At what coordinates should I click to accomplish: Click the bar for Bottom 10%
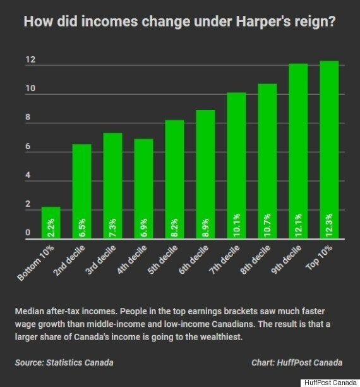(51, 223)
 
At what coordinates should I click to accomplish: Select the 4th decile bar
(143, 188)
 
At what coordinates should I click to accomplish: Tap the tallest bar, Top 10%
(329, 150)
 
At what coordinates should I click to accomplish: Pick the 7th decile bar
(236, 166)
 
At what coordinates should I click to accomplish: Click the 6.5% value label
(82, 228)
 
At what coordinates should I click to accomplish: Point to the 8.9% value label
(206, 228)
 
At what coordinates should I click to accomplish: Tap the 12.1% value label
(298, 225)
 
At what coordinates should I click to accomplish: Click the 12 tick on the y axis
(30, 59)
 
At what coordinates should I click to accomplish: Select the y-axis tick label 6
(28, 146)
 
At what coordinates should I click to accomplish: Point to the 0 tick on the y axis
(28, 233)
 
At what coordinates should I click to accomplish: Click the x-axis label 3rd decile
(100, 260)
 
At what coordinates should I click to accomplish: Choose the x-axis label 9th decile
(286, 260)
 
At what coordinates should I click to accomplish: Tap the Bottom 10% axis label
(35, 263)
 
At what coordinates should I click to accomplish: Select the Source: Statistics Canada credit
(64, 362)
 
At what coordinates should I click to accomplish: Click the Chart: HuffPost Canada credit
(297, 362)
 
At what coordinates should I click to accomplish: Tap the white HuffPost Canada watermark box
(330, 383)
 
